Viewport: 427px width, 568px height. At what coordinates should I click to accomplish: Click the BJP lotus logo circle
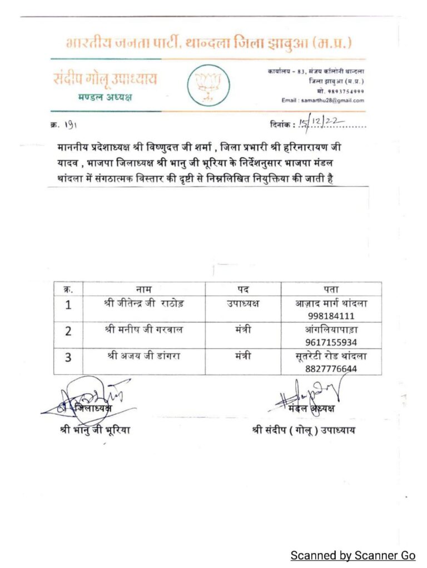pyautogui.click(x=207, y=86)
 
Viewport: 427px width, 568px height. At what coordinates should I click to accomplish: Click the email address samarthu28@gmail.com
pyautogui.click(x=332, y=100)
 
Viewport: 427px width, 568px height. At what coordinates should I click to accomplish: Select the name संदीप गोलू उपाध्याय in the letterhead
pyautogui.click(x=105, y=79)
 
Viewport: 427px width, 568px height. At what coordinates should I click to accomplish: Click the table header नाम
pyautogui.click(x=143, y=289)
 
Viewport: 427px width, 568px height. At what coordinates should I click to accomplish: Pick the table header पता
pyautogui.click(x=331, y=289)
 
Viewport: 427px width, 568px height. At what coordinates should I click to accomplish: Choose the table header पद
pyautogui.click(x=243, y=289)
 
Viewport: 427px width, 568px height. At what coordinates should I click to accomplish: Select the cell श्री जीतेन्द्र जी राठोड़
pyautogui.click(x=144, y=304)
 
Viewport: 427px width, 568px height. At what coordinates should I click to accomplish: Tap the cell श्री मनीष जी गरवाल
pyautogui.click(x=143, y=330)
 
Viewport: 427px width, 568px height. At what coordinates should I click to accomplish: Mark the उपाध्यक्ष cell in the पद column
pyautogui.click(x=243, y=304)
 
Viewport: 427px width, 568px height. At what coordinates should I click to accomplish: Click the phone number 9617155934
pyautogui.click(x=331, y=342)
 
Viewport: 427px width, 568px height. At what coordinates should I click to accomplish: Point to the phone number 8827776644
pyautogui.click(x=331, y=368)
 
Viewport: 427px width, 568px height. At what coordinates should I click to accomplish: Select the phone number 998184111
pyautogui.click(x=331, y=316)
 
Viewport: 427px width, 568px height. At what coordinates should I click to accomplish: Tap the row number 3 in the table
pyautogui.click(x=68, y=357)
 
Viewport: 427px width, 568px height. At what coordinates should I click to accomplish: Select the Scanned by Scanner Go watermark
pyautogui.click(x=352, y=555)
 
